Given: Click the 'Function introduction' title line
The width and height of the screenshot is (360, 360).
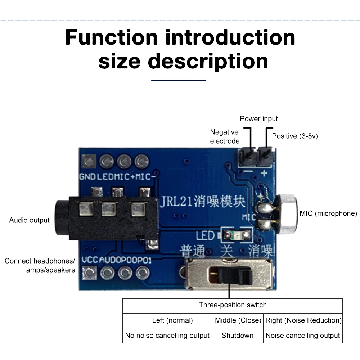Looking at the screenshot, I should click(x=180, y=37).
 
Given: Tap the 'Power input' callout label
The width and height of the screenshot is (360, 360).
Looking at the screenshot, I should click(x=259, y=119).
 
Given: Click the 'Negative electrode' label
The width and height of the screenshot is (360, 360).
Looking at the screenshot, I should click(x=225, y=136).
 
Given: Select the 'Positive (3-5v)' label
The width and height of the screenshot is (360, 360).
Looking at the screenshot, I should click(x=295, y=136).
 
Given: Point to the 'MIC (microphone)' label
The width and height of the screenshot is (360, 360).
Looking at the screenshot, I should click(x=328, y=213).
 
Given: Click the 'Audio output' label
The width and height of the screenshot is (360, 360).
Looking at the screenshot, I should click(x=29, y=220).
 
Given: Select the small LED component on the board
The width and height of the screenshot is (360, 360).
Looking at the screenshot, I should click(x=236, y=236).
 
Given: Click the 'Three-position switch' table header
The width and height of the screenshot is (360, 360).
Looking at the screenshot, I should click(x=233, y=305).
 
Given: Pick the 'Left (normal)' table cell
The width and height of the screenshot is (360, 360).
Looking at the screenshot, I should click(x=167, y=320).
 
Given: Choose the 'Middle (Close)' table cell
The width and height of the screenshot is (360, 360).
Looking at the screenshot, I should click(x=238, y=320).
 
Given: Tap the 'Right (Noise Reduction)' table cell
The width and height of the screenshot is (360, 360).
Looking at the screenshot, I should click(x=303, y=320).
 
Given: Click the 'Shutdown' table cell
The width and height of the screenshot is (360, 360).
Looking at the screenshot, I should click(x=237, y=335).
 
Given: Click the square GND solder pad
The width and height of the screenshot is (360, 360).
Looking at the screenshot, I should click(x=89, y=161).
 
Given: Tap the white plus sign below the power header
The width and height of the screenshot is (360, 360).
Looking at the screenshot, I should click(x=264, y=174).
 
